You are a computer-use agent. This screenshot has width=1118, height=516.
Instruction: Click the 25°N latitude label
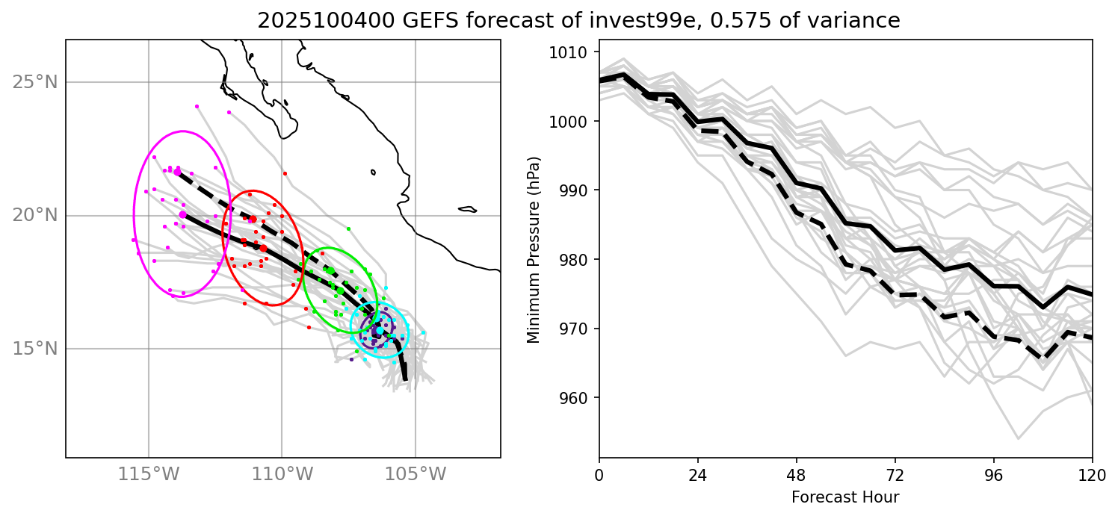pyautogui.click(x=35, y=82)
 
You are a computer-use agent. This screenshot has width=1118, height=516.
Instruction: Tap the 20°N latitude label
pyautogui.click(x=35, y=216)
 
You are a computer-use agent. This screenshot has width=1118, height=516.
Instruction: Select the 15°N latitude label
pyautogui.click(x=35, y=349)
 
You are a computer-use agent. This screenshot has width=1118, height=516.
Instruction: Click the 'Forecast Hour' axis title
pyautogui.click(x=845, y=497)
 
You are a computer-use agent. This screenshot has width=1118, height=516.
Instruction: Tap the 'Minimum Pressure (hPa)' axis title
pyautogui.click(x=534, y=249)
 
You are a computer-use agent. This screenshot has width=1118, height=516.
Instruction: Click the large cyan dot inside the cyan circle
pyautogui.click(x=380, y=330)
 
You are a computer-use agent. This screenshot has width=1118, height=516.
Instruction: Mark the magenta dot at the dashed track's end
pyautogui.click(x=177, y=172)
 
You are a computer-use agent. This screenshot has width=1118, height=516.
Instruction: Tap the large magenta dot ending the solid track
pyautogui.click(x=183, y=215)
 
